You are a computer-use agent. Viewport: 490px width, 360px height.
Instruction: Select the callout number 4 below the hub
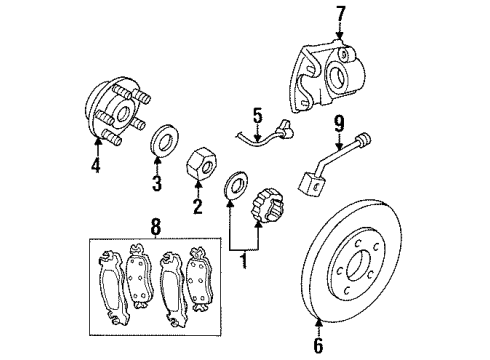click(x=95, y=167)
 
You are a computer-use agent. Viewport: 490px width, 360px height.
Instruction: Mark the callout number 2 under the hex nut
click(x=198, y=205)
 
